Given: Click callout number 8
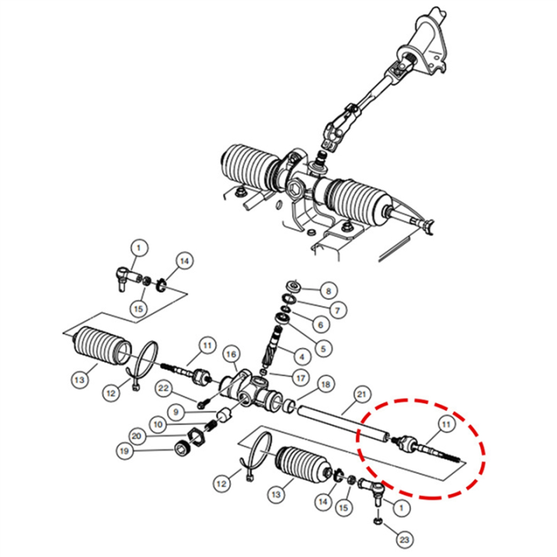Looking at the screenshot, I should point(327,292).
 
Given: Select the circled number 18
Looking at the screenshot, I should point(325,384).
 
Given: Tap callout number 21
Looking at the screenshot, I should point(361,395).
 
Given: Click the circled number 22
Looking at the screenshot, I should point(165,388).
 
